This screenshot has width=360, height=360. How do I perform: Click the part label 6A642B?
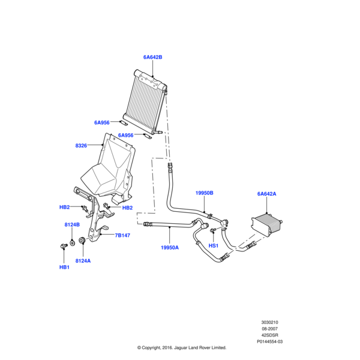152,57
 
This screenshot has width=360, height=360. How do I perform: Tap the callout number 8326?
81,145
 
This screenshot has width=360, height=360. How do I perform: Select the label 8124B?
72,224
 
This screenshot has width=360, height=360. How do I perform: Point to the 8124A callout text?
83,261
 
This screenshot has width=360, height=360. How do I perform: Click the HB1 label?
64,267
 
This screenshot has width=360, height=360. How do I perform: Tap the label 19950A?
170,247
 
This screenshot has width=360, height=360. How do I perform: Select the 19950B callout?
204,193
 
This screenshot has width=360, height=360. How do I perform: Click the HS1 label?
213,246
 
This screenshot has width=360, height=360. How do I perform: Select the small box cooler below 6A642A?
267,227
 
